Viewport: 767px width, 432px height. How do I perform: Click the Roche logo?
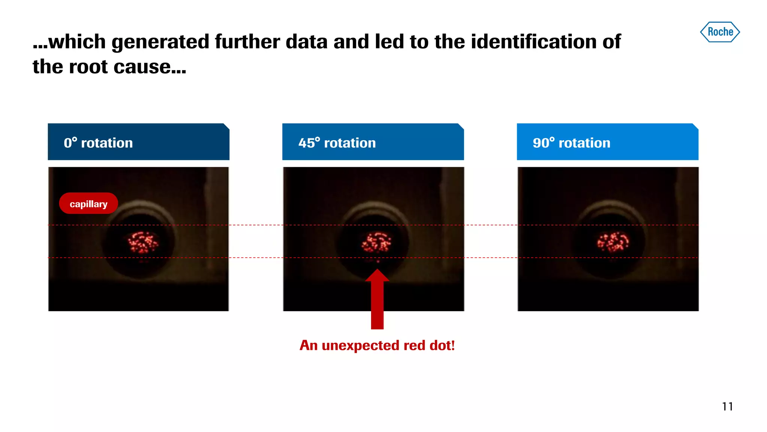pos(720,32)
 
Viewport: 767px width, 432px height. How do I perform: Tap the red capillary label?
pos(88,204)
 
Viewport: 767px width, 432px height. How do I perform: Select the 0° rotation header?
pos(138,142)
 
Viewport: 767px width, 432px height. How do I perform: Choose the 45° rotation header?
pos(373,142)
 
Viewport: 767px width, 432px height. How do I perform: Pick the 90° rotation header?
pos(607,142)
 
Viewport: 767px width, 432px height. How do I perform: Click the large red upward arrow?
pos(377,300)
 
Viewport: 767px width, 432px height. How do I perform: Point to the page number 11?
pos(727,406)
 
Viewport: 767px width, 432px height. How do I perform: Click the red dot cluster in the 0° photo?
pos(143,242)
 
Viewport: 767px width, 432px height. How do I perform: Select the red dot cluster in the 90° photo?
pos(613,242)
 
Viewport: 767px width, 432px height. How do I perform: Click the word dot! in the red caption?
pos(442,345)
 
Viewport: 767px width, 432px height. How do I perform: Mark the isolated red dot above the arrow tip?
pos(378,261)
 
